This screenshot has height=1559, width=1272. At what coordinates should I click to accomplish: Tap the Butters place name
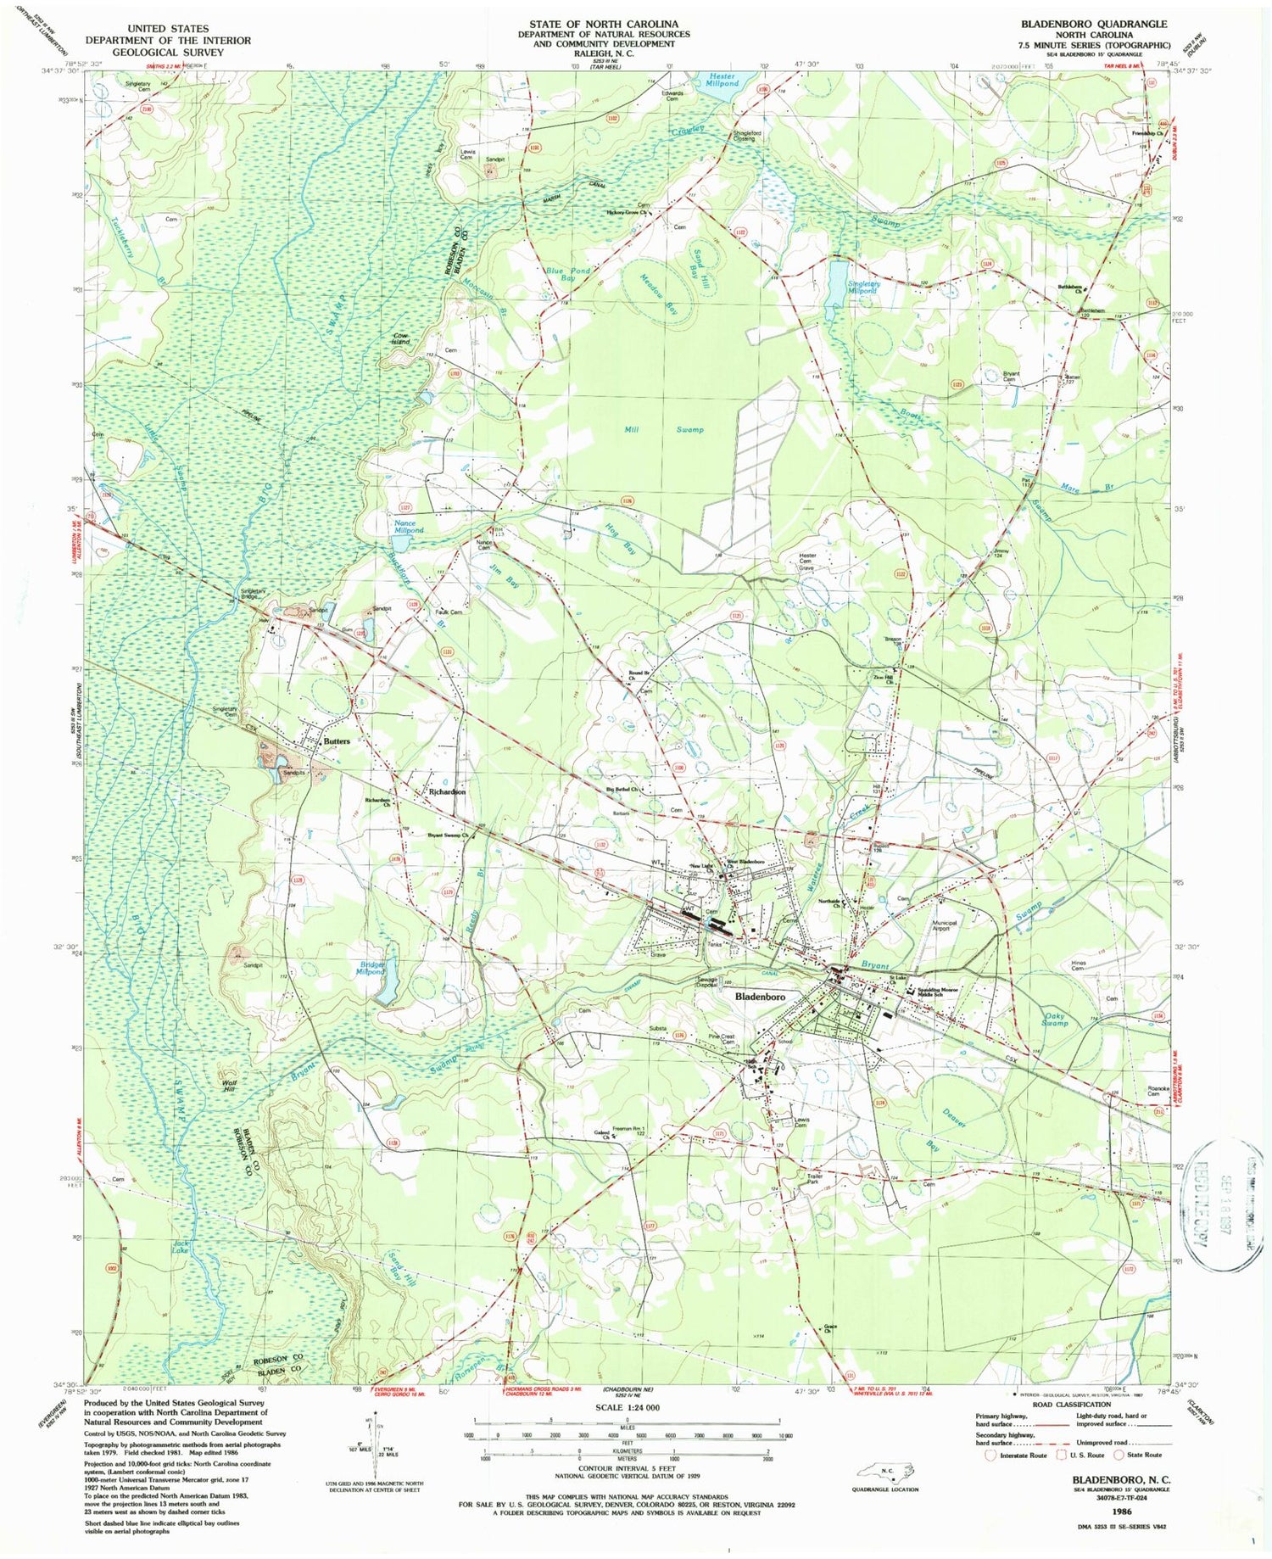[336, 740]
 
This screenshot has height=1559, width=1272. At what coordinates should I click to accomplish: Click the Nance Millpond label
[405, 527]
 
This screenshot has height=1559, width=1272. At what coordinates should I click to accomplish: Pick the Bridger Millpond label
[370, 968]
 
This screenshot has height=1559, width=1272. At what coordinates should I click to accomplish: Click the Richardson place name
[447, 791]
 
